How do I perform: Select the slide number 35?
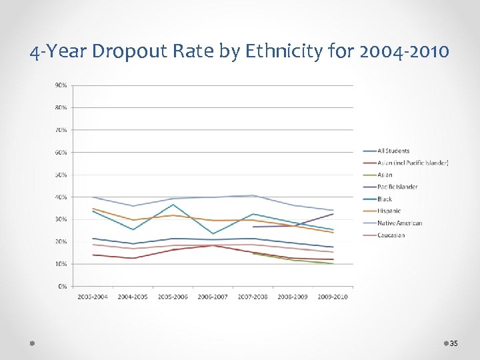point(453,343)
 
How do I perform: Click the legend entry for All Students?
point(393,151)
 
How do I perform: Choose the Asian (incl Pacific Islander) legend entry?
point(413,163)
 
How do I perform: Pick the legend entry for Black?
point(385,199)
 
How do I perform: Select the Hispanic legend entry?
point(389,211)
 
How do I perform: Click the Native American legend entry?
point(399,223)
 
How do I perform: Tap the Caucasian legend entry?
point(391,235)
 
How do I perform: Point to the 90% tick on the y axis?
point(61,85)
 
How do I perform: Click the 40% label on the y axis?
point(61,197)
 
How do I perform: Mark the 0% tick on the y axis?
point(62,286)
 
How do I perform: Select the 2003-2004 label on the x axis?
point(93,297)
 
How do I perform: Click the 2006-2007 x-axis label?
point(213,297)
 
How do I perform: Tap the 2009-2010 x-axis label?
point(333,297)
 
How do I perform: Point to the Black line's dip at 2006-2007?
point(213,234)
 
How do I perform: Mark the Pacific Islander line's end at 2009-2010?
point(333,213)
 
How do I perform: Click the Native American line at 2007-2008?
point(253,195)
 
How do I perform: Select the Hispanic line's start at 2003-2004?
point(93,209)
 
